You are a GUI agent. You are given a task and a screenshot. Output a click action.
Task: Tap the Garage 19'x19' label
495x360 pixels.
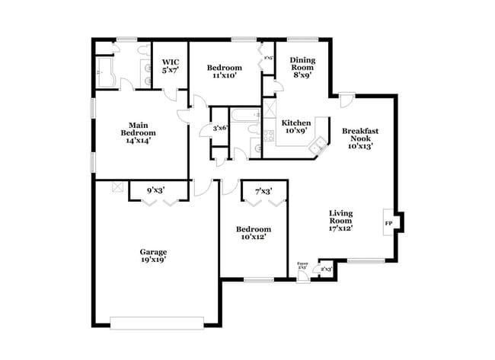coord(152,256)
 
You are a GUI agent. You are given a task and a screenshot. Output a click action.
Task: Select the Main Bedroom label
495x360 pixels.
coord(138,132)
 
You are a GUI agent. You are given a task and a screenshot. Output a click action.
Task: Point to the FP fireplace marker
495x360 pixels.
coord(388,223)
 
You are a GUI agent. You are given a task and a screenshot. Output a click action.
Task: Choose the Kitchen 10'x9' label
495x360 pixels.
coord(295,126)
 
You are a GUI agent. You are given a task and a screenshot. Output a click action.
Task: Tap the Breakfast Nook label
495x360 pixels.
coord(360,138)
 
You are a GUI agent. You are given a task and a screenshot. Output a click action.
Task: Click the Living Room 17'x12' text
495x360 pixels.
coord(342,219)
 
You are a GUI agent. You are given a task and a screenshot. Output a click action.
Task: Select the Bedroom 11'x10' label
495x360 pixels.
coord(225,72)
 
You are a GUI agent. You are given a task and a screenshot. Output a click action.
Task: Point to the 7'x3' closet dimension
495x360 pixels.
coord(263,190)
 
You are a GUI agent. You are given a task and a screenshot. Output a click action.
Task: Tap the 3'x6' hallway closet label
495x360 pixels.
coord(221,128)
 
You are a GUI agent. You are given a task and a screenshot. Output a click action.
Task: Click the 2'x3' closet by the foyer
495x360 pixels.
coord(326,269)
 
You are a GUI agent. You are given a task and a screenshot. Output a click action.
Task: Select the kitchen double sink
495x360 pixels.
coord(321,142)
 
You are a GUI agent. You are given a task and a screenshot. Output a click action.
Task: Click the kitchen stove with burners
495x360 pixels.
coord(268,138)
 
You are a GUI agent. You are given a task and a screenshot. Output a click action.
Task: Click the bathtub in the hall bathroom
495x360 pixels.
coord(245,116)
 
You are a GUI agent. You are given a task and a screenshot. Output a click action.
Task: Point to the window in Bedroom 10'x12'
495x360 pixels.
coord(258,280)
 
